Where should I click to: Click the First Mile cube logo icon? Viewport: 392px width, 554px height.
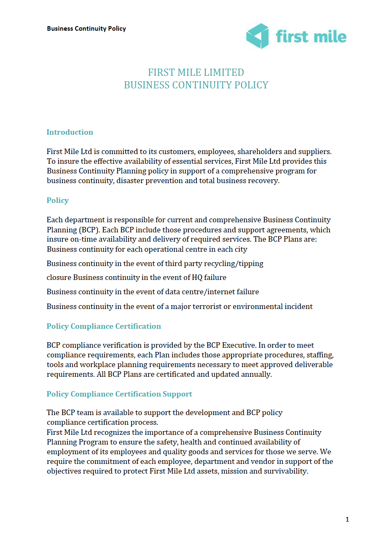pyautogui.click(x=258, y=36)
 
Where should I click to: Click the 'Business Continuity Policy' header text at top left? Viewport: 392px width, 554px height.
pyautogui.click(x=86, y=29)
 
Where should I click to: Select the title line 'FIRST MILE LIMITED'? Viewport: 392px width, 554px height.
pyautogui.click(x=196, y=72)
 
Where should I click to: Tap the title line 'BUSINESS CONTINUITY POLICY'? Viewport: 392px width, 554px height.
pyautogui.click(x=196, y=85)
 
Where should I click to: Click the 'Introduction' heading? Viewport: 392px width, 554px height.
pyautogui.click(x=70, y=132)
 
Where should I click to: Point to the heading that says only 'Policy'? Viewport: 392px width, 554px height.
pyautogui.click(x=57, y=200)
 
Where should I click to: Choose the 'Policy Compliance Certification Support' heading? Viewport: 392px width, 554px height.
pyautogui.click(x=119, y=394)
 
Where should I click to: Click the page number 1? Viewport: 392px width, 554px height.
pyautogui.click(x=347, y=519)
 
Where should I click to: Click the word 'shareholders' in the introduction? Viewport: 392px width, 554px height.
pyautogui.click(x=259, y=152)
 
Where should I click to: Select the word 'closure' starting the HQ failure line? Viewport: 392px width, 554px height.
pyautogui.click(x=59, y=277)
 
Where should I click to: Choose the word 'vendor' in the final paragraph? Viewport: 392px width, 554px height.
pyautogui.click(x=262, y=461)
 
